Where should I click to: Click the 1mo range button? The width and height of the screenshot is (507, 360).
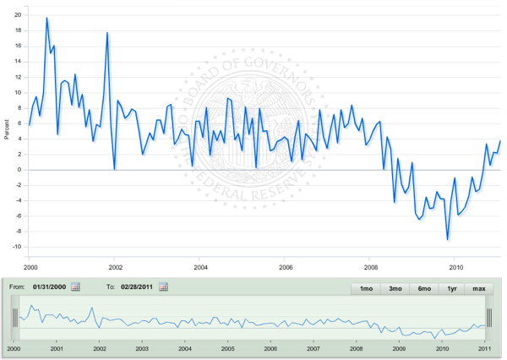pyautogui.click(x=366, y=288)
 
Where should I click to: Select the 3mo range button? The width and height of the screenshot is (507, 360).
pyautogui.click(x=395, y=288)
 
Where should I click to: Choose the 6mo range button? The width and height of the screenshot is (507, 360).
pyautogui.click(x=424, y=288)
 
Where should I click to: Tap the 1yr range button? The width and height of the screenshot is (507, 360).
pyautogui.click(x=452, y=288)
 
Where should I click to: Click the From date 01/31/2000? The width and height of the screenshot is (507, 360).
pyautogui.click(x=49, y=287)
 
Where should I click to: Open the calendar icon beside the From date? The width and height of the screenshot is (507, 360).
pyautogui.click(x=76, y=287)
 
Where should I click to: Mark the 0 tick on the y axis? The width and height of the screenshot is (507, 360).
pyautogui.click(x=20, y=170)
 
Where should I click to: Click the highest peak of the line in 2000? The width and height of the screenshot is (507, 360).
pyautogui.click(x=46, y=18)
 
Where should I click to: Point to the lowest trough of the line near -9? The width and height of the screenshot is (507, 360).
pyautogui.click(x=448, y=240)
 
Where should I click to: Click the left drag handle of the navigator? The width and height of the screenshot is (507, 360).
pyautogui.click(x=14, y=318)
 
